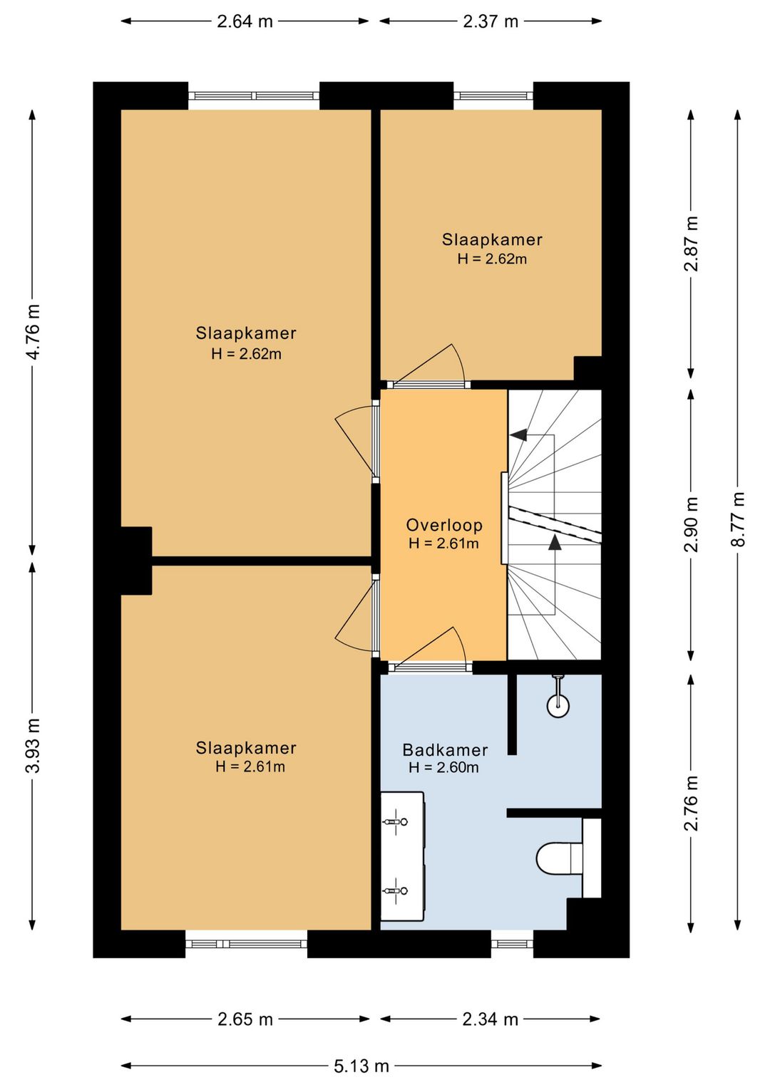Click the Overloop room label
444,525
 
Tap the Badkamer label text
445,750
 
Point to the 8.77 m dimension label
738,519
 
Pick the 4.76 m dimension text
34,332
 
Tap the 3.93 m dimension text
34,745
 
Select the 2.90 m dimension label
691,524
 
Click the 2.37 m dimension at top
491,21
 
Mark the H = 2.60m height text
444,767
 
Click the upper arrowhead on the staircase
518,435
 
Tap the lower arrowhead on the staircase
555,542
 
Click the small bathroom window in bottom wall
512,944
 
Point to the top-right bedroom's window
493,95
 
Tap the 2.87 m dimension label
691,244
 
